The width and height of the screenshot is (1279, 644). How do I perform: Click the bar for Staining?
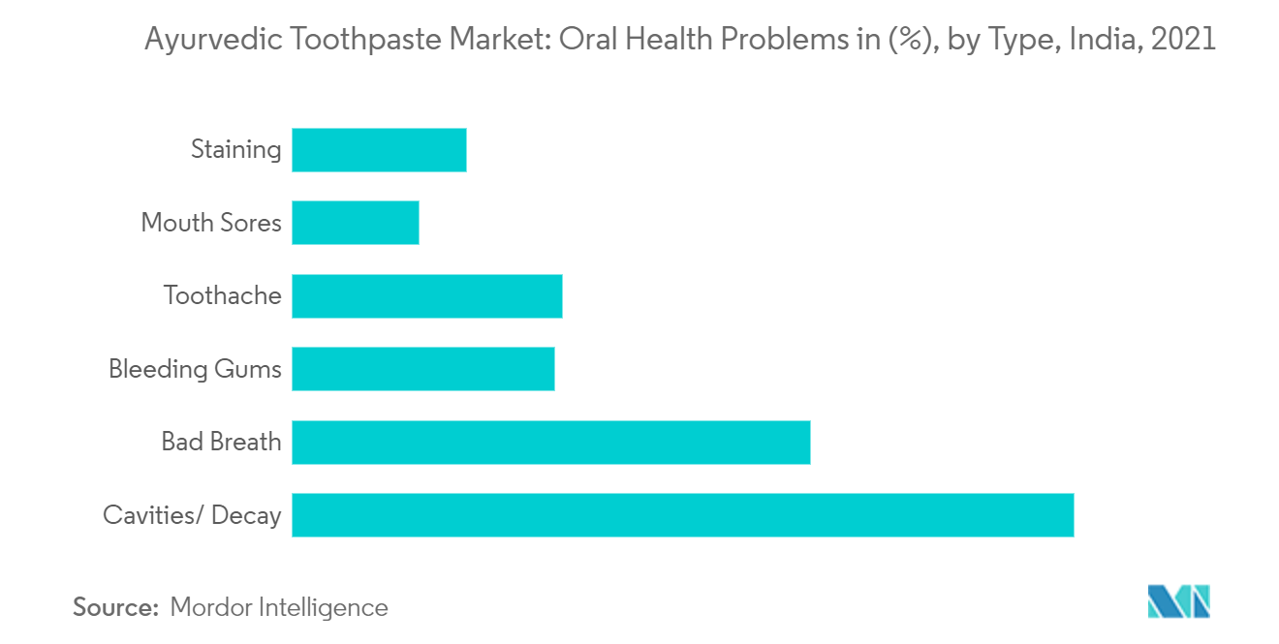tap(379, 150)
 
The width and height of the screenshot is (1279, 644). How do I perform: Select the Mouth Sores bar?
tap(356, 223)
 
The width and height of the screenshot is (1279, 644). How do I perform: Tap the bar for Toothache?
tap(427, 296)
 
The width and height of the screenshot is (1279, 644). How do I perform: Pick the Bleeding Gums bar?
tap(423, 369)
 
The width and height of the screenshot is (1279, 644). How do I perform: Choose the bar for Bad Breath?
tap(550, 443)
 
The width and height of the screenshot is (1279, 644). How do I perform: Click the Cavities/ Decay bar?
tap(682, 515)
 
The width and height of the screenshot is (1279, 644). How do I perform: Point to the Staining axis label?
tap(236, 150)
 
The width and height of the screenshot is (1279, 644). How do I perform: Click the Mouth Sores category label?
tap(211, 223)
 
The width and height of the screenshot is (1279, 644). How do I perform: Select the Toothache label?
tap(223, 296)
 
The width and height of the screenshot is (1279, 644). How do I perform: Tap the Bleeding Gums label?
tap(195, 369)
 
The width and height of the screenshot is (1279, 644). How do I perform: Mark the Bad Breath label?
tap(221, 443)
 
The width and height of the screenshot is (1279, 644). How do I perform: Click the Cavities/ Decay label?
tap(192, 515)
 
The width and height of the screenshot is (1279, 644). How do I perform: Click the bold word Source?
tap(115, 608)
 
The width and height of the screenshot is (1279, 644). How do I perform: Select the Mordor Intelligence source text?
tap(279, 608)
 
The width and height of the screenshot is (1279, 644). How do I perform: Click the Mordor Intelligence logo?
tap(1179, 601)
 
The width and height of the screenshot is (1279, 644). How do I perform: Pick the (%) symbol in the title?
tap(897, 41)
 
